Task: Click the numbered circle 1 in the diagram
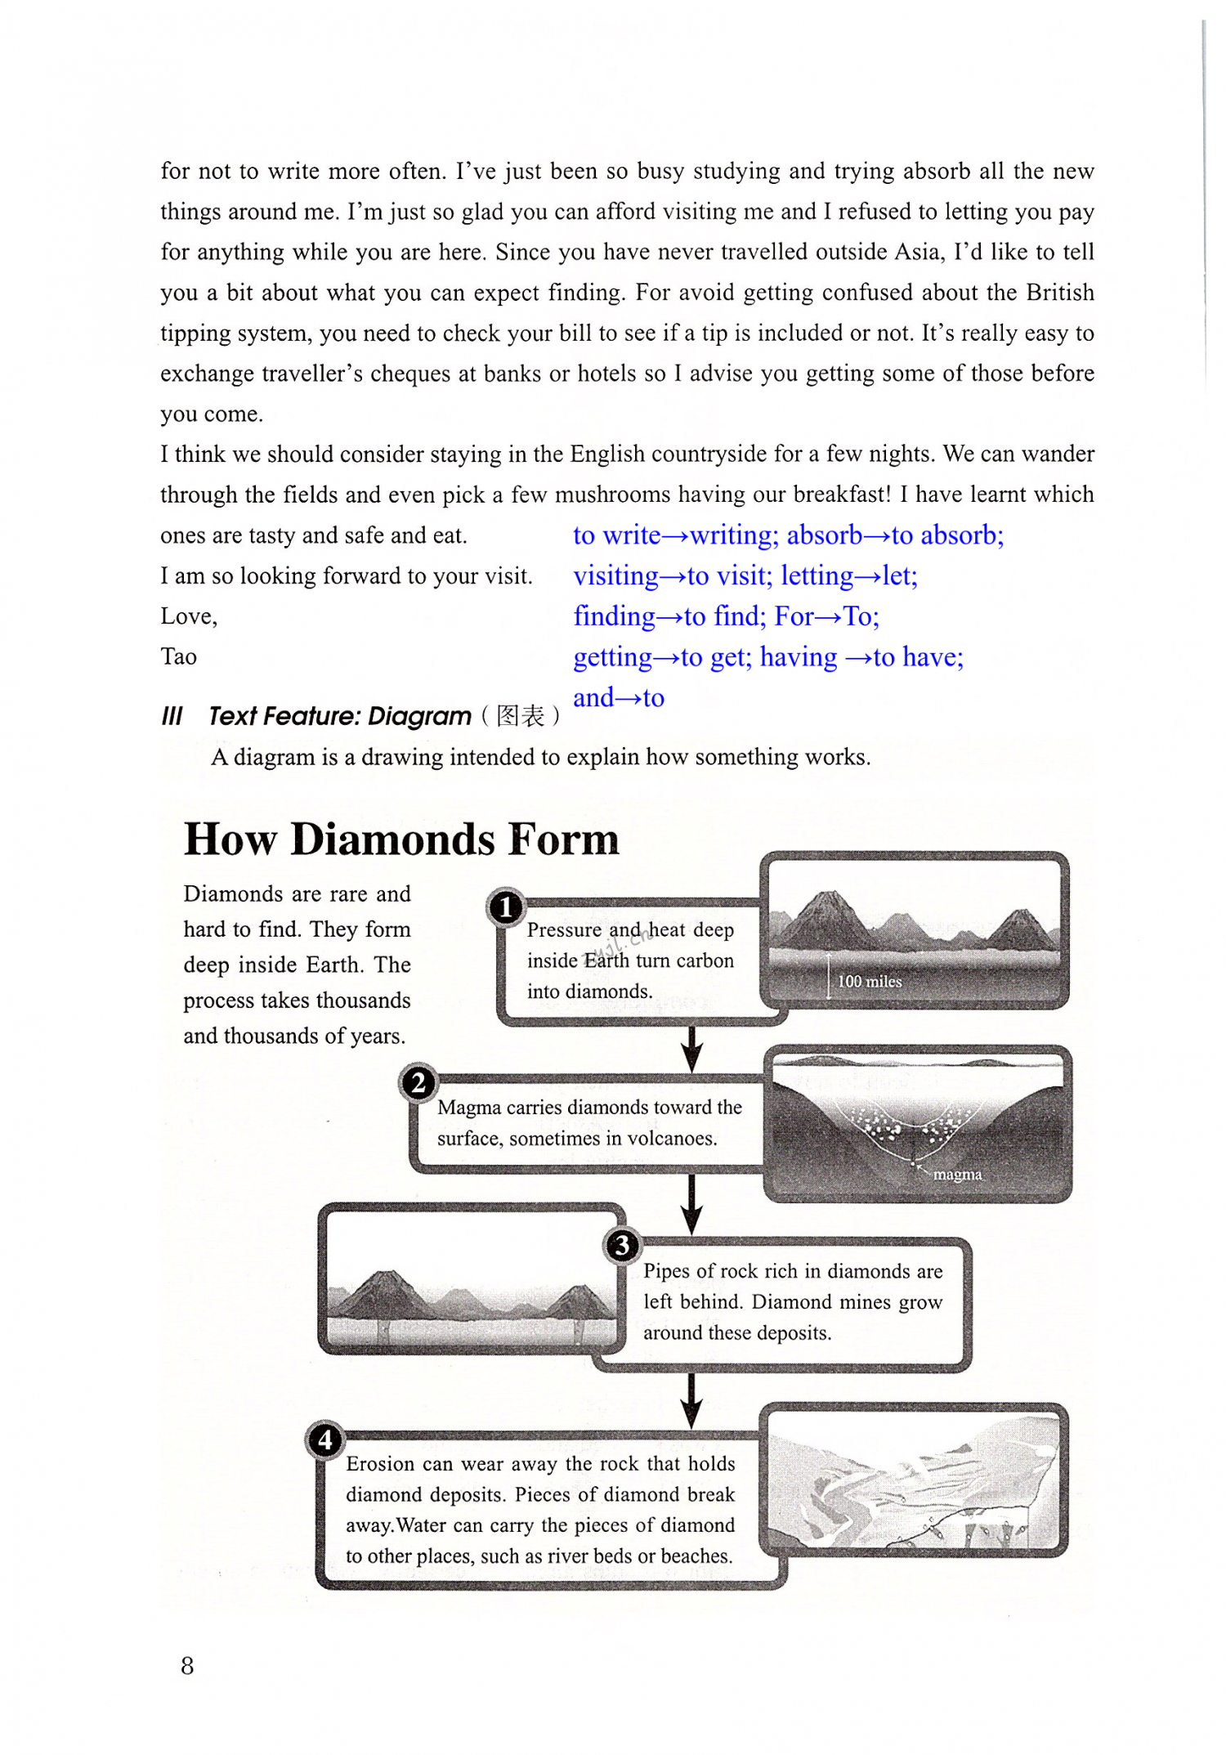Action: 506,907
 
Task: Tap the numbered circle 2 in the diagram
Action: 418,1083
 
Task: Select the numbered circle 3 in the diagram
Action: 622,1246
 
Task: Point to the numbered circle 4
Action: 325,1440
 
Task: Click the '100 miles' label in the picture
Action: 870,982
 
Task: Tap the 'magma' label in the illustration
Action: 957,1175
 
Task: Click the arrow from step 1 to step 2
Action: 692,1049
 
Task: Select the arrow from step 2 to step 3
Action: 692,1205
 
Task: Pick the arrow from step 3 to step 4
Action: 692,1400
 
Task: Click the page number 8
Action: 187,1666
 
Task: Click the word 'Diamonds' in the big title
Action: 392,840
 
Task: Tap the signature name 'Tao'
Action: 178,657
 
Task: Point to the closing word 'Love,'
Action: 189,616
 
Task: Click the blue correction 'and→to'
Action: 619,698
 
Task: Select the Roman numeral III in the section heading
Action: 172,716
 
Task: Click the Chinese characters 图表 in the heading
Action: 520,716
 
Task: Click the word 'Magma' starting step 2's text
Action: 469,1108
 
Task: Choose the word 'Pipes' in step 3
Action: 666,1271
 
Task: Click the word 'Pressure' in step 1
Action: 564,930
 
